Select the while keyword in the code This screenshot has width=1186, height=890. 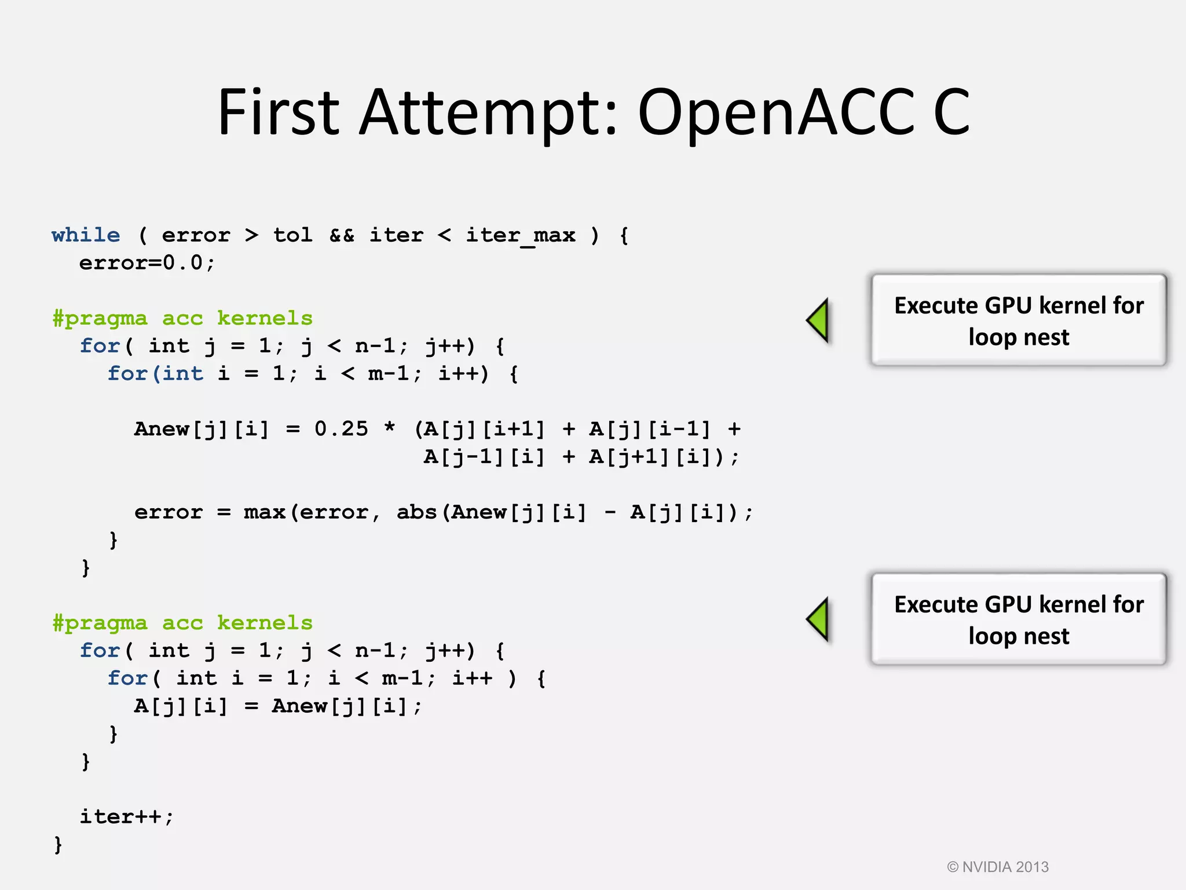[x=86, y=235]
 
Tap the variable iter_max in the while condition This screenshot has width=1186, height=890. [x=521, y=235]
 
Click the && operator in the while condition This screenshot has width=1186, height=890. [x=342, y=235]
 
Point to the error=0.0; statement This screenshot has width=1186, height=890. [x=147, y=263]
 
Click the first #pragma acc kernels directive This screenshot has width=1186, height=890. [x=182, y=318]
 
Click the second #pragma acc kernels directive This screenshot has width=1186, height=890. [x=182, y=623]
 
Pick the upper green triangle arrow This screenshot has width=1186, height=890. [x=819, y=320]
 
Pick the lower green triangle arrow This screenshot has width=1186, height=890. [x=819, y=619]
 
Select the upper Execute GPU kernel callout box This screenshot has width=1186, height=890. [x=1019, y=320]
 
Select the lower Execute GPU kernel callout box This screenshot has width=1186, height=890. [x=1019, y=619]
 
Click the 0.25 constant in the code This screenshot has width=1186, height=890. [x=341, y=429]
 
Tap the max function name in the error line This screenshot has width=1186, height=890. [x=264, y=512]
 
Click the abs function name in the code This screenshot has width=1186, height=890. [x=416, y=512]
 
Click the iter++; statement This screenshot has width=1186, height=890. [x=126, y=817]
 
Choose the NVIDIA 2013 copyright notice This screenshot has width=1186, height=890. [x=997, y=867]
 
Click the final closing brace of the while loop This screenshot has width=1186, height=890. [x=58, y=845]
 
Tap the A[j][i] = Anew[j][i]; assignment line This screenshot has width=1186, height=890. [x=278, y=706]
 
